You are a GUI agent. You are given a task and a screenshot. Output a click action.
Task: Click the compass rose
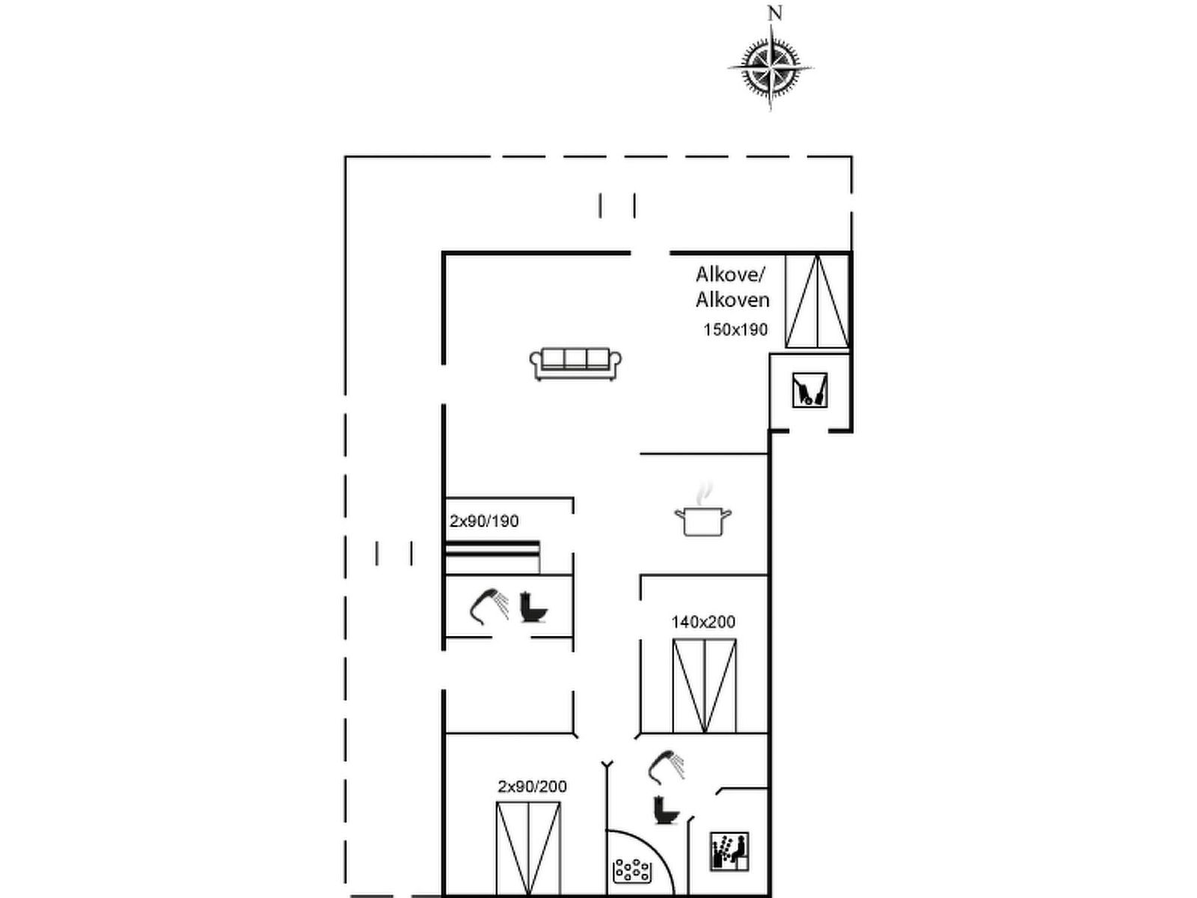pyautogui.click(x=771, y=68)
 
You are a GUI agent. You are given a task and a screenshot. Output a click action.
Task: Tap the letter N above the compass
pyautogui.click(x=775, y=13)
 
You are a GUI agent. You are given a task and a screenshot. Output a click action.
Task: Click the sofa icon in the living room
pyautogui.click(x=575, y=364)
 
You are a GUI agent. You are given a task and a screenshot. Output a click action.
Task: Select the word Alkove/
pyautogui.click(x=731, y=274)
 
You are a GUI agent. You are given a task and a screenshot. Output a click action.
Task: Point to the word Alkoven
pyautogui.click(x=732, y=299)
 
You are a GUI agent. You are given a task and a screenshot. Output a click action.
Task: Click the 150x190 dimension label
pyautogui.click(x=735, y=330)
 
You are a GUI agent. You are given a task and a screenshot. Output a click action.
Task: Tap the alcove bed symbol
pyautogui.click(x=817, y=302)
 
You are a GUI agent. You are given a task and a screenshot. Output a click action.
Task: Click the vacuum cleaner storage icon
pyautogui.click(x=809, y=390)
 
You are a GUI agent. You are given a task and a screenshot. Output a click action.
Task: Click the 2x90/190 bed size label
pyautogui.click(x=484, y=522)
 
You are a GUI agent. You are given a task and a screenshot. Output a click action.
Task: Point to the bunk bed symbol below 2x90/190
pyautogui.click(x=493, y=557)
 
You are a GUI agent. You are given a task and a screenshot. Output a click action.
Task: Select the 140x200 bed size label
pyautogui.click(x=703, y=622)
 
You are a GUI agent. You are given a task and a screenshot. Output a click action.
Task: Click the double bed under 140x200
pyautogui.click(x=705, y=686)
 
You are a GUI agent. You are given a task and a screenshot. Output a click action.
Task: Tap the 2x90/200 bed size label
pyautogui.click(x=532, y=786)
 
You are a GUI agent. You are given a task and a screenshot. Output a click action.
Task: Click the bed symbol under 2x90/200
pyautogui.click(x=528, y=848)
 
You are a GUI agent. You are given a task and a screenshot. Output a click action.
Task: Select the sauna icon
pyautogui.click(x=729, y=851)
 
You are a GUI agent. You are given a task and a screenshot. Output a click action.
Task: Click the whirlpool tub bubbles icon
pyautogui.click(x=632, y=871)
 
